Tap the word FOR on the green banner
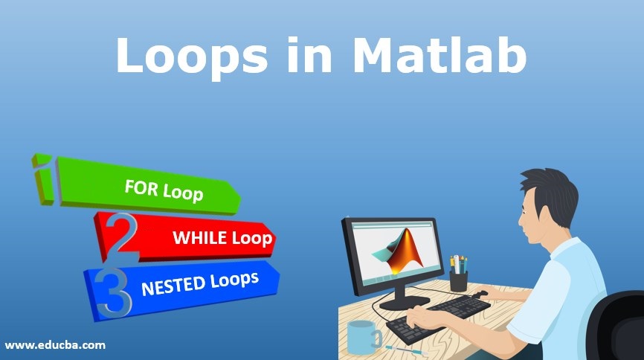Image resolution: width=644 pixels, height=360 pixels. (142, 187)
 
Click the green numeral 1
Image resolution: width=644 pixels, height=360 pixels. (45, 178)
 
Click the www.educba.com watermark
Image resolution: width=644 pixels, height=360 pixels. (55, 345)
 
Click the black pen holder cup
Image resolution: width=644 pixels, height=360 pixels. (459, 280)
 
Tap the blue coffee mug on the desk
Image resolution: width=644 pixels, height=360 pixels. (362, 336)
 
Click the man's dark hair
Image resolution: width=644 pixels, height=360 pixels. (553, 190)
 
